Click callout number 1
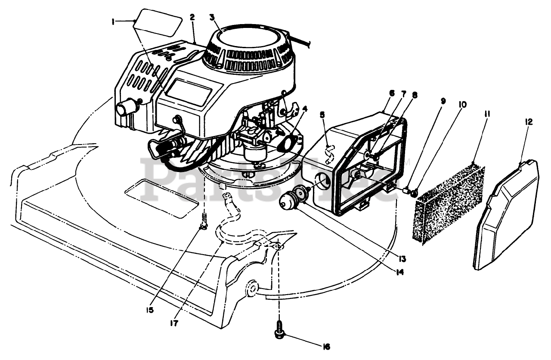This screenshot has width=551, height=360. (x=113, y=21)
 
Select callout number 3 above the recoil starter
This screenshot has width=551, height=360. (x=212, y=18)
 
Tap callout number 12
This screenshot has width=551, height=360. (x=529, y=122)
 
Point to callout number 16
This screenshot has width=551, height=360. (x=326, y=346)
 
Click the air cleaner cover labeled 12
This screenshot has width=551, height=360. (x=508, y=215)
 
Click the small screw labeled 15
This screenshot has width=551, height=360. (x=204, y=222)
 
